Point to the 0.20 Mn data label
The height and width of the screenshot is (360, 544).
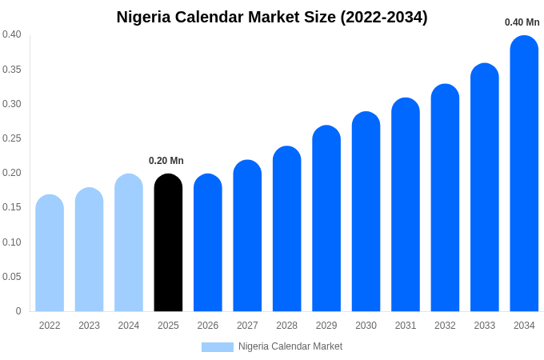[x=166, y=161]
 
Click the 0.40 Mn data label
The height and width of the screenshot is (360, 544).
[x=522, y=22]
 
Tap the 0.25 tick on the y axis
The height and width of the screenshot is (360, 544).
[x=12, y=138]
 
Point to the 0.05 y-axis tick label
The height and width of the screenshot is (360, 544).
[x=12, y=277]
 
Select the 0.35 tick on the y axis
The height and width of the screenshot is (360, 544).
[x=12, y=70]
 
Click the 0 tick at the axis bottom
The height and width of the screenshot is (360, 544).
[x=18, y=311]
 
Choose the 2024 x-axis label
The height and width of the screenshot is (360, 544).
[x=129, y=326]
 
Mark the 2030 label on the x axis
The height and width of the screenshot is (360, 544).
[x=366, y=326]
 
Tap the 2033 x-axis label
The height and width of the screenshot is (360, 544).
[x=485, y=326]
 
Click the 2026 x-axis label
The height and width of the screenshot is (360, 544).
[x=208, y=326]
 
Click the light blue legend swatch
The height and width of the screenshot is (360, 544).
[x=217, y=347]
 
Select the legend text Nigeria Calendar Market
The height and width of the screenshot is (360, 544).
[x=290, y=346]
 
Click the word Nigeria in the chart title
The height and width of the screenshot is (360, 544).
[x=145, y=17]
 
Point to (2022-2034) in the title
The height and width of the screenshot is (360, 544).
[x=384, y=17]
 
